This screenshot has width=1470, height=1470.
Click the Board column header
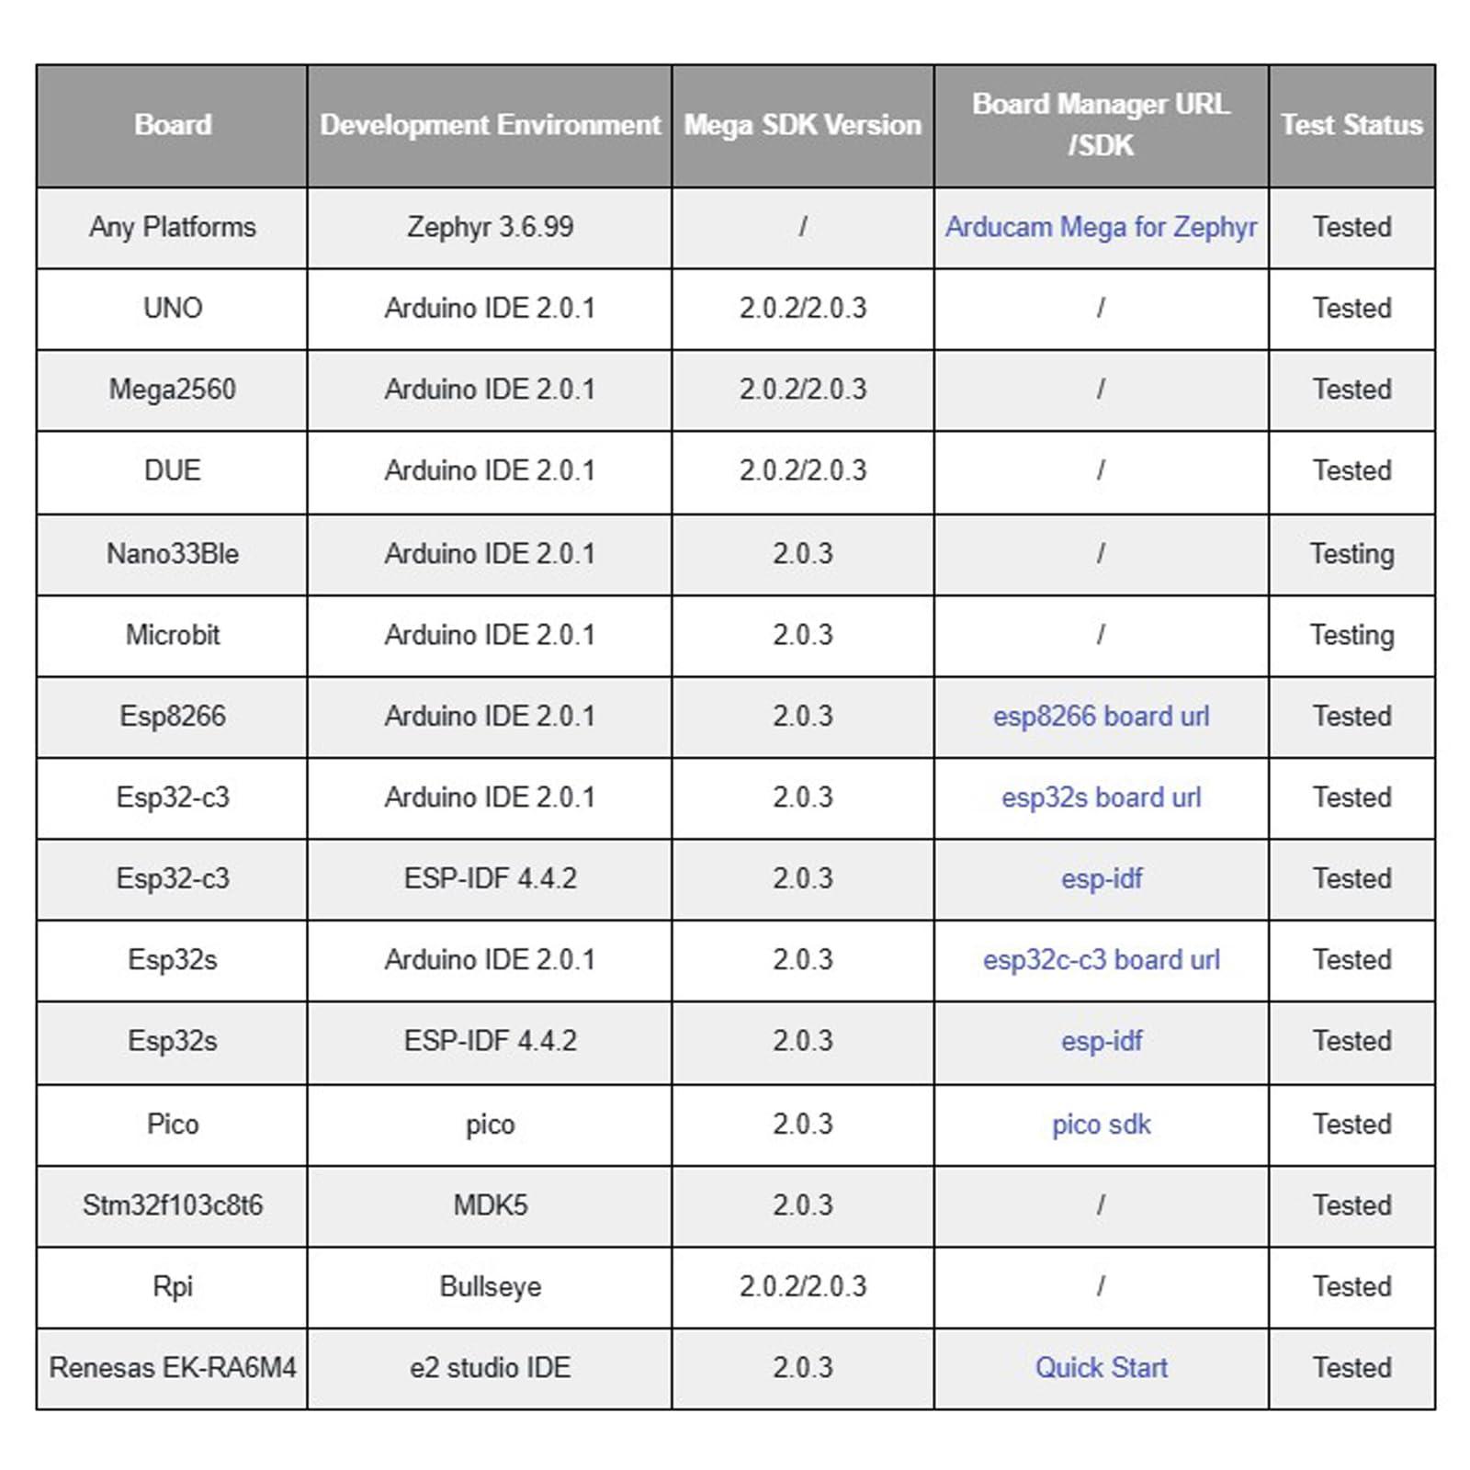(173, 125)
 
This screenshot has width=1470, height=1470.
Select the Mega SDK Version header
(802, 125)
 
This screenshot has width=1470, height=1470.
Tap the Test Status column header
(1351, 125)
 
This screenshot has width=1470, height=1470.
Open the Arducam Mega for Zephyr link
(1101, 227)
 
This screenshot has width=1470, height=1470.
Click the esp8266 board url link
(1101, 717)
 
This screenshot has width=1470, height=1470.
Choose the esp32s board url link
(1101, 797)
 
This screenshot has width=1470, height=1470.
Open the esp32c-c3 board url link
(1101, 960)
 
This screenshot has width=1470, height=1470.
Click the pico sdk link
(1101, 1125)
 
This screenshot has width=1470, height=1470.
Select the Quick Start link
(1101, 1368)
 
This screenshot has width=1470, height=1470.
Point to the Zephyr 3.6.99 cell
(490, 227)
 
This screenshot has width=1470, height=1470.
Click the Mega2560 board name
(173, 390)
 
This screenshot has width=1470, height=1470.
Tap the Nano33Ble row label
(173, 554)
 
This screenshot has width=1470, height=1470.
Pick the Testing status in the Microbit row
(1351, 636)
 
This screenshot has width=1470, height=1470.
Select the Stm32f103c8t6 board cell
(173, 1205)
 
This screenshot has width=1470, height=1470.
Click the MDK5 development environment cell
(490, 1205)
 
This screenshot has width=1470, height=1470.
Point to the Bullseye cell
(490, 1286)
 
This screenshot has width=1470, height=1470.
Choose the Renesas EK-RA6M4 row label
(173, 1368)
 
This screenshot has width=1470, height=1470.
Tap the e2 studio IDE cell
(490, 1368)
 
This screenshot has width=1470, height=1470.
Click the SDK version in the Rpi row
(802, 1286)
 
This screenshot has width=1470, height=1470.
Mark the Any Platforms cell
(173, 227)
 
